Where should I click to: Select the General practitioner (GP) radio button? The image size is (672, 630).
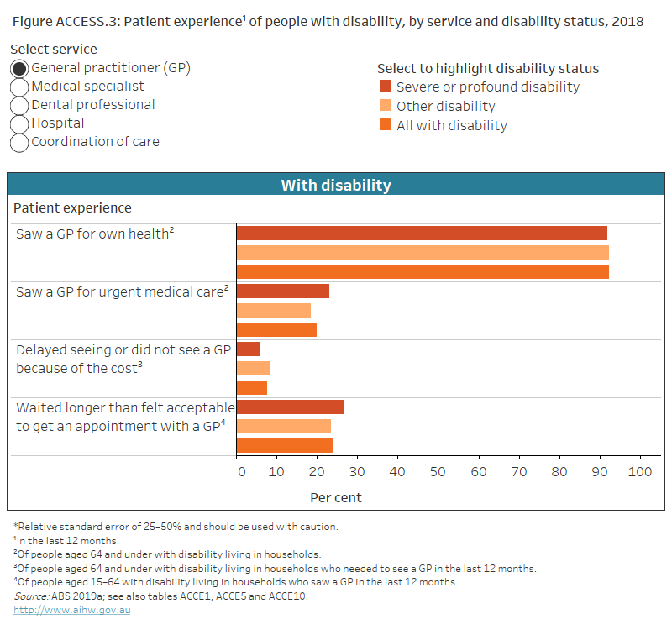tap(19, 68)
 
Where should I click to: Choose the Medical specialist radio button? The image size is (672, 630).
tap(19, 87)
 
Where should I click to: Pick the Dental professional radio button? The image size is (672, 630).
tap(19, 105)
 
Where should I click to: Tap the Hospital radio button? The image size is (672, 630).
tap(19, 123)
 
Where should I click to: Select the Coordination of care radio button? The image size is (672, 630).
tap(19, 142)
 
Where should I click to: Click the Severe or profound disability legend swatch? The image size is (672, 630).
tap(386, 87)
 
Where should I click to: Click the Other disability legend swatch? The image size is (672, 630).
tap(386, 106)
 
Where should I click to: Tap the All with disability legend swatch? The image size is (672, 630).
tap(386, 125)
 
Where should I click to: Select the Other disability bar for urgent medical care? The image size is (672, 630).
tap(274, 310)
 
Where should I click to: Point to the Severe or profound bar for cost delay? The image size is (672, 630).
tap(249, 349)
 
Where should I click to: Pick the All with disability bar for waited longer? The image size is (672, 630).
tap(285, 445)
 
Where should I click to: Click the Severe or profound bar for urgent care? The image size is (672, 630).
tap(283, 291)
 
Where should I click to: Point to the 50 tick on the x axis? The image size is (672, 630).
tap(438, 471)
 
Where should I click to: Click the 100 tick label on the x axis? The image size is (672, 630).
tap(639, 471)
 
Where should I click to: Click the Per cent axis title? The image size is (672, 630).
tap(336, 497)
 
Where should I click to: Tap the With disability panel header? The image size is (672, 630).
tap(335, 185)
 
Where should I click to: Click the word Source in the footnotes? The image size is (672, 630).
tap(30, 596)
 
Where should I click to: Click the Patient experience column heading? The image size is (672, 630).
tap(72, 207)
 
